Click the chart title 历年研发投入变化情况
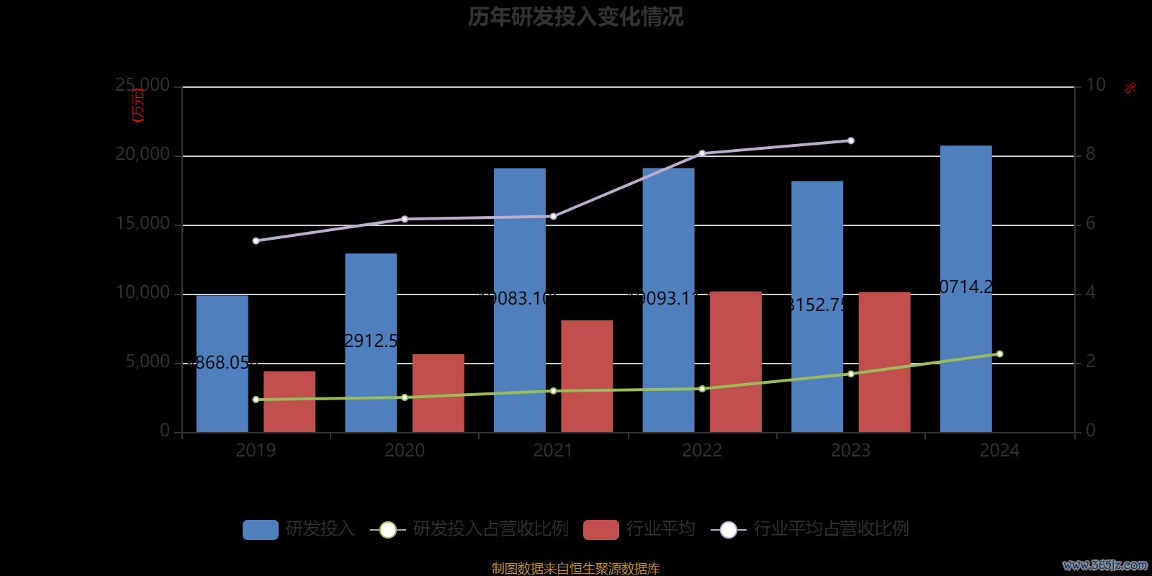click(575, 17)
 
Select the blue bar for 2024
click(966, 288)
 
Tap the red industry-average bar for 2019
click(289, 402)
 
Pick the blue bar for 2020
click(371, 343)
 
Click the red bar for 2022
click(735, 361)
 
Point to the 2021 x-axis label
click(553, 451)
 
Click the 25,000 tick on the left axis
click(143, 86)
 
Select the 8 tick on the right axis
click(1090, 154)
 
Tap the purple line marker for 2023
click(850, 140)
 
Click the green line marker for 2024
click(999, 354)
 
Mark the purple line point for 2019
click(256, 240)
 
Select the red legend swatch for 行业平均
click(601, 529)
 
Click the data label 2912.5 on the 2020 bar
click(371, 341)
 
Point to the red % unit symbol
click(1130, 88)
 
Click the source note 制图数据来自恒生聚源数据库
click(575, 569)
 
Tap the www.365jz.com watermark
click(1105, 565)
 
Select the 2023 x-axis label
click(850, 451)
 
